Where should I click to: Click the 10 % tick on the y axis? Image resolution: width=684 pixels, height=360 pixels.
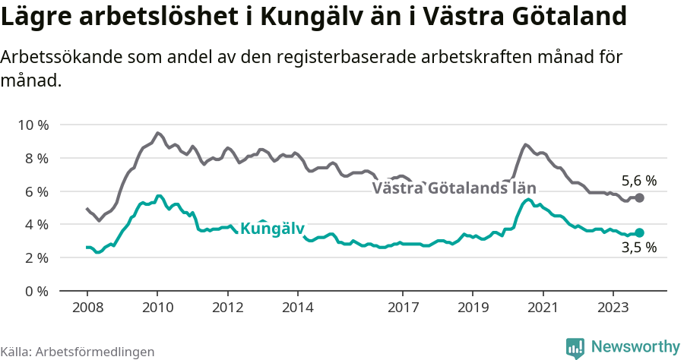click(32, 125)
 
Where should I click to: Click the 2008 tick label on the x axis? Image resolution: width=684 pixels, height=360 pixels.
click(87, 308)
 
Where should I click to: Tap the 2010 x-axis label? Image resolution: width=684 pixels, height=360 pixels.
click(157, 308)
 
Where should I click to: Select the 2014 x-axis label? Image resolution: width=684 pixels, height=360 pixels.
click(298, 308)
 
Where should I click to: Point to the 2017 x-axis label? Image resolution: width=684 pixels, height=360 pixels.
click(403, 308)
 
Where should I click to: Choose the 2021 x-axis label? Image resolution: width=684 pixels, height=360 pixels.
click(543, 308)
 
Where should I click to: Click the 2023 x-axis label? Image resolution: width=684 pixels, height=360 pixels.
click(613, 308)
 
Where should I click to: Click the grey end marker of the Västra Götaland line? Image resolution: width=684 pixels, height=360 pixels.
click(639, 197)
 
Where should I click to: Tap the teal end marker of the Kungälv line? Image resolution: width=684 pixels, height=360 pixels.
click(639, 232)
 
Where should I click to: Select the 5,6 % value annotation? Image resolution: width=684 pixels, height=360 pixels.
click(638, 181)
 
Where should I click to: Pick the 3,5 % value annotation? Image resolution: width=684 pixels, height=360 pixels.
click(638, 248)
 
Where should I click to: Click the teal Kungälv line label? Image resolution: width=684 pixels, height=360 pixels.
click(272, 229)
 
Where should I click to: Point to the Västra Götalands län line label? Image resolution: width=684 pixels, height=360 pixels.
click(454, 188)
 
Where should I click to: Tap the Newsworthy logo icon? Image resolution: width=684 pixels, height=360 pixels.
click(575, 347)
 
